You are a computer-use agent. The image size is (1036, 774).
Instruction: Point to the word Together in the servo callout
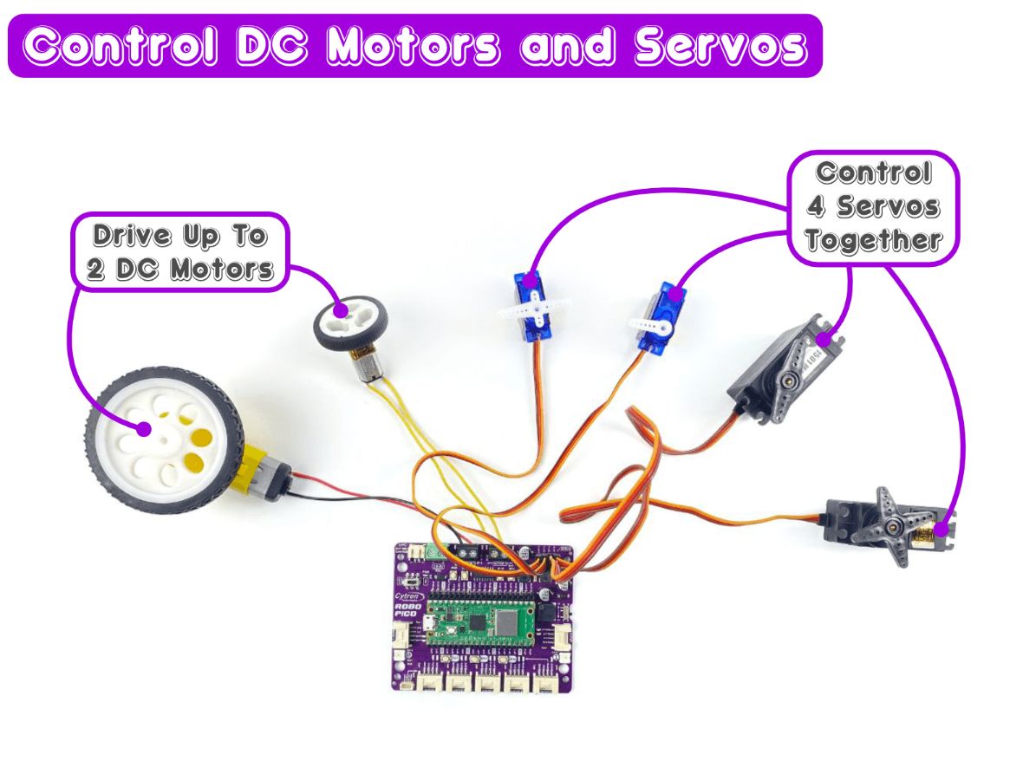tap(873, 239)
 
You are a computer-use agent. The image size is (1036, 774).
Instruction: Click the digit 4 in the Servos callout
tap(816, 206)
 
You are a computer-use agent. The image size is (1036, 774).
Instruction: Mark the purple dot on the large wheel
tap(144, 427)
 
